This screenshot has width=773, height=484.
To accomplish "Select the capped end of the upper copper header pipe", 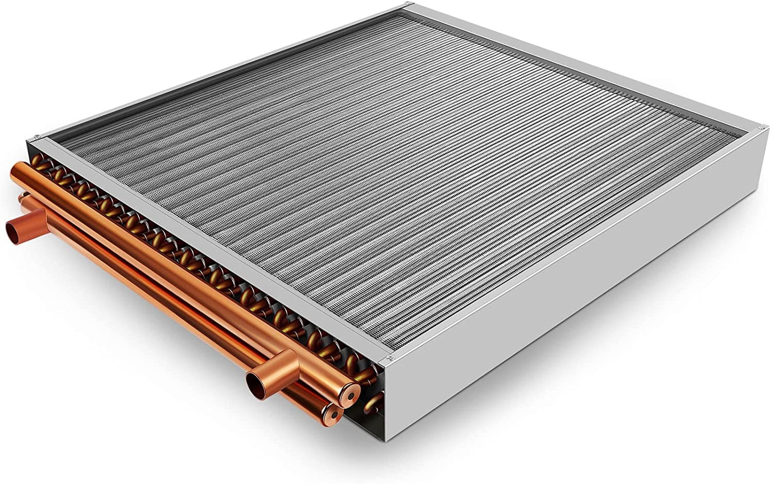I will point(344,384).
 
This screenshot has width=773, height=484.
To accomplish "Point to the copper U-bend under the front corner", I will point(372,401).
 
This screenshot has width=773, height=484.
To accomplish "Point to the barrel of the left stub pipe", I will point(31,219).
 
